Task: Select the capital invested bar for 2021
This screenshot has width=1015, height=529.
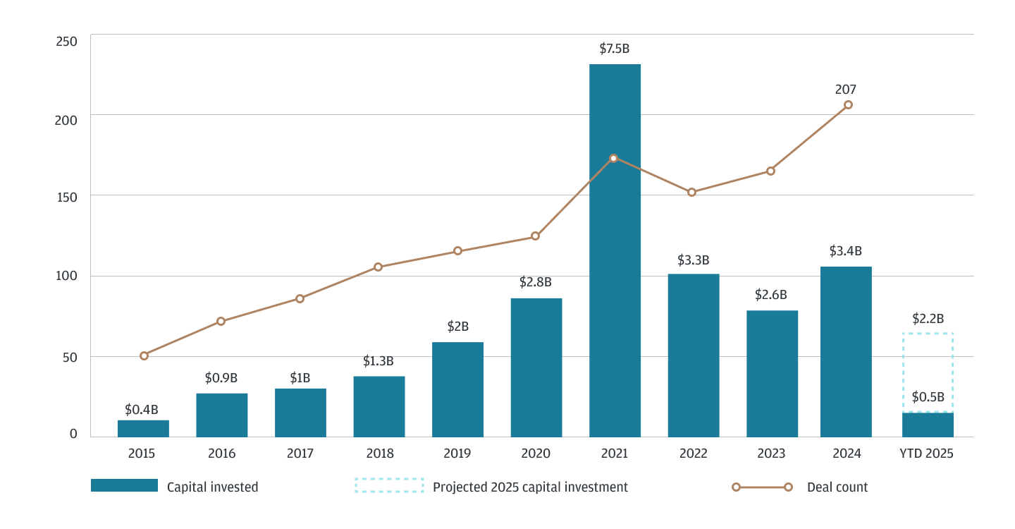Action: pyautogui.click(x=615, y=250)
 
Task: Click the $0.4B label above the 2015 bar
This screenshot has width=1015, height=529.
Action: pyautogui.click(x=142, y=409)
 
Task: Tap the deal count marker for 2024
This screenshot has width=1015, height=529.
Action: pyautogui.click(x=848, y=104)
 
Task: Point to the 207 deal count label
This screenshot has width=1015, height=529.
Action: pyautogui.click(x=845, y=90)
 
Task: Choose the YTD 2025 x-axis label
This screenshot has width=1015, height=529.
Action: pyautogui.click(x=927, y=454)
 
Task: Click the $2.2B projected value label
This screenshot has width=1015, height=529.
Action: pyautogui.click(x=928, y=318)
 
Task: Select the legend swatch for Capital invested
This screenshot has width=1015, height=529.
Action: pyautogui.click(x=124, y=485)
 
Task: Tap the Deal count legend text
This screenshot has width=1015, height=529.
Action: pyautogui.click(x=837, y=487)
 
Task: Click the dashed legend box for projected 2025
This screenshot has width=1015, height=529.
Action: pyautogui.click(x=389, y=485)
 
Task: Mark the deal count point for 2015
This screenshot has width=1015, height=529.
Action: pyautogui.click(x=144, y=355)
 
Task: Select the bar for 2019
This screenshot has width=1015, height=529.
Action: pyautogui.click(x=457, y=389)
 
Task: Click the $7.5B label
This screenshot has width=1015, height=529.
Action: pyautogui.click(x=614, y=49)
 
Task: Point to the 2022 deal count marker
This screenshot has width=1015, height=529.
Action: pyautogui.click(x=691, y=192)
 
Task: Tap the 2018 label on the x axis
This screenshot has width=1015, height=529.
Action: pyautogui.click(x=379, y=454)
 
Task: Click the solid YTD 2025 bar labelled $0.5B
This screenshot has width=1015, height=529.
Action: pyautogui.click(x=928, y=425)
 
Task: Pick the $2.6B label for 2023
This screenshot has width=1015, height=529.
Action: pyautogui.click(x=770, y=295)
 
